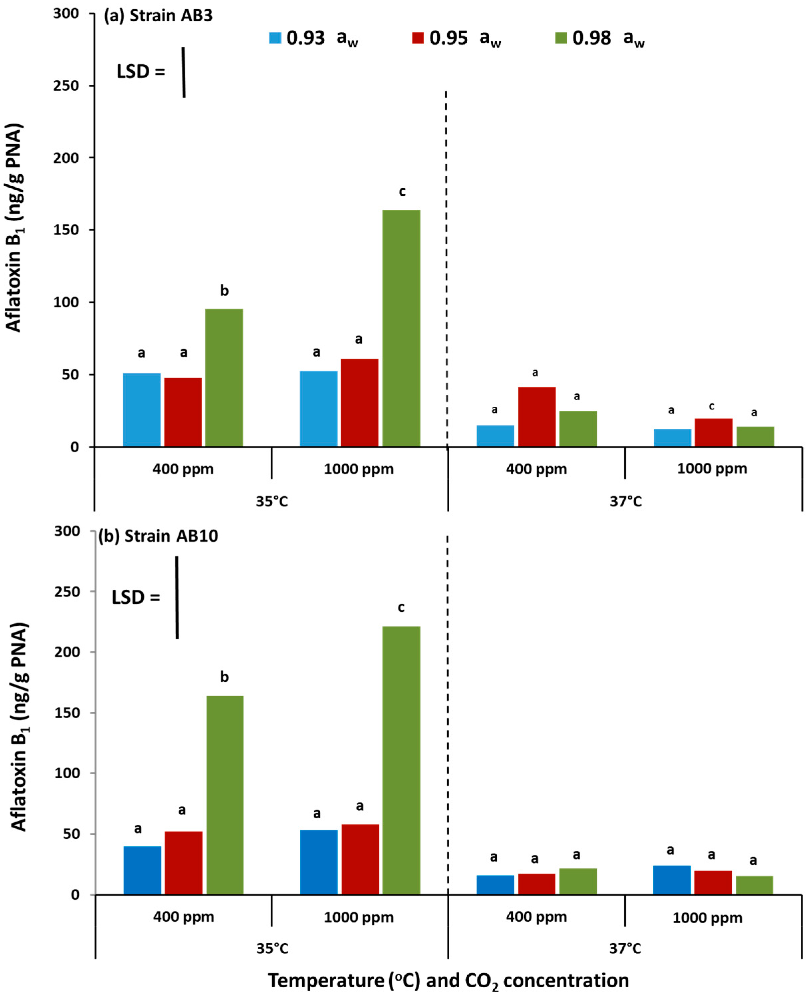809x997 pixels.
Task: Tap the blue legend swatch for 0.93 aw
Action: click(275, 38)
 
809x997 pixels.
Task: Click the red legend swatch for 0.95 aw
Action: click(418, 38)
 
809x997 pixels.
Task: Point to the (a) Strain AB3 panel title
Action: click(158, 16)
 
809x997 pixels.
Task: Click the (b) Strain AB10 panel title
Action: click(158, 536)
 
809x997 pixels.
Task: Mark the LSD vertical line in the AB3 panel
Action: click(184, 72)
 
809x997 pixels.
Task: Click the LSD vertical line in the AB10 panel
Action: click(177, 597)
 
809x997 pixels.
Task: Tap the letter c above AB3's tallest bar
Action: click(402, 191)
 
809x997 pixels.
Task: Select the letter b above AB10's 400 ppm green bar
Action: click(224, 677)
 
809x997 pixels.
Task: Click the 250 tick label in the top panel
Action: click(66, 86)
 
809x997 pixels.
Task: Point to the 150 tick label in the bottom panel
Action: click(66, 713)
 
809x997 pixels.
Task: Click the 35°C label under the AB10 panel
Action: click(272, 949)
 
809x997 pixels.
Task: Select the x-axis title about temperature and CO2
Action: click(448, 981)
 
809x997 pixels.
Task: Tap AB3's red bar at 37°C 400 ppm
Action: click(537, 416)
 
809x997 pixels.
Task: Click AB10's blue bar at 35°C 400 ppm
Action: click(142, 870)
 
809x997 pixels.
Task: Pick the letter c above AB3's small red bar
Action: click(711, 406)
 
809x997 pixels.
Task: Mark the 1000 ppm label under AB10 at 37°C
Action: click(707, 918)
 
